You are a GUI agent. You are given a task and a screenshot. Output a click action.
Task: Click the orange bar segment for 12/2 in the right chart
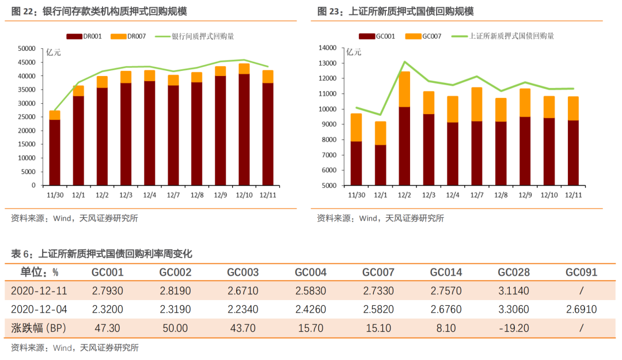(404, 89)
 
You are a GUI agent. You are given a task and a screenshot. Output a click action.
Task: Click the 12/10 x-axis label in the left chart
(244, 195)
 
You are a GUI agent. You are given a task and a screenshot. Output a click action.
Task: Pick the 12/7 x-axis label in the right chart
(476, 195)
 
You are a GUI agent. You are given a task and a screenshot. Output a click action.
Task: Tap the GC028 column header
(513, 272)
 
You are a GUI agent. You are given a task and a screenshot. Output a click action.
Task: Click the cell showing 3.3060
(513, 309)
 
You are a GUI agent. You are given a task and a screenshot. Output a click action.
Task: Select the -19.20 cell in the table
(513, 328)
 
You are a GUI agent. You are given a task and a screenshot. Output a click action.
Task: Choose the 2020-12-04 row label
(39, 309)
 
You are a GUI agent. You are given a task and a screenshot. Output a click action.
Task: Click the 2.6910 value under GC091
(581, 309)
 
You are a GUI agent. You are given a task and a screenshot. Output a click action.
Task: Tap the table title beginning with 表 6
(101, 253)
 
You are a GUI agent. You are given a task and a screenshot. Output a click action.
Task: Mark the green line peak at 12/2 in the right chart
(404, 62)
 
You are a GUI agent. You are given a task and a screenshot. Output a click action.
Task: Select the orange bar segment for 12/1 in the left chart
(78, 91)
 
